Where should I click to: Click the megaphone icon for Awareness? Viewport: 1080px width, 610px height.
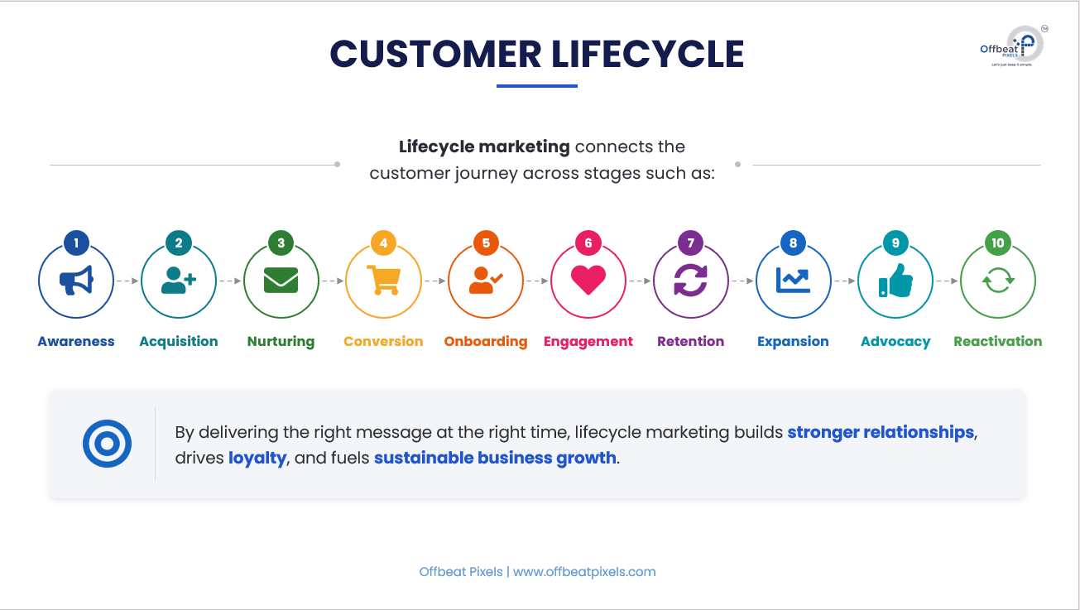[x=76, y=280]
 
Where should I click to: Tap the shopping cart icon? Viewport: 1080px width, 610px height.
[x=384, y=280]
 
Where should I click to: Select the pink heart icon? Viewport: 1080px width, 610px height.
[x=588, y=280]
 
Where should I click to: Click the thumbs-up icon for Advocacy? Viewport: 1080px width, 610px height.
[x=895, y=280]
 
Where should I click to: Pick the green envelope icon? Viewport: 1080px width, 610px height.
[x=281, y=280]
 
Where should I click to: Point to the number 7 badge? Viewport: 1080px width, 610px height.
[x=691, y=243]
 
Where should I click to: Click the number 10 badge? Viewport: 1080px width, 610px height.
[x=998, y=243]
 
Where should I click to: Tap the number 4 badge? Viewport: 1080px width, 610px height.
[x=384, y=243]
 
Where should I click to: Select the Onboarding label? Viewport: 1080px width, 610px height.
[x=486, y=341]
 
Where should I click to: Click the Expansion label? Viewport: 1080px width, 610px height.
[x=793, y=341]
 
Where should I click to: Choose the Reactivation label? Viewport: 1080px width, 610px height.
[x=998, y=341]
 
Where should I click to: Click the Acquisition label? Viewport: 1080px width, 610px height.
[x=179, y=341]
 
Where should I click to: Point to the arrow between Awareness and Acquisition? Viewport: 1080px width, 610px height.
[x=127, y=281]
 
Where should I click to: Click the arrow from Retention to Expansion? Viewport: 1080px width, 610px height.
[x=742, y=281]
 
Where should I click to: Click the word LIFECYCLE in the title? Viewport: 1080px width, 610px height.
[x=647, y=54]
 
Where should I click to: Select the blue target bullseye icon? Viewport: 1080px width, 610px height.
[x=107, y=444]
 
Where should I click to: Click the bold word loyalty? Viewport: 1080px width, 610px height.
[x=257, y=458]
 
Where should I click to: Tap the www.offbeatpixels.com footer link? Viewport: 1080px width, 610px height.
[x=584, y=572]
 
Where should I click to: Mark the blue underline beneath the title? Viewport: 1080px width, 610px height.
[x=537, y=86]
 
